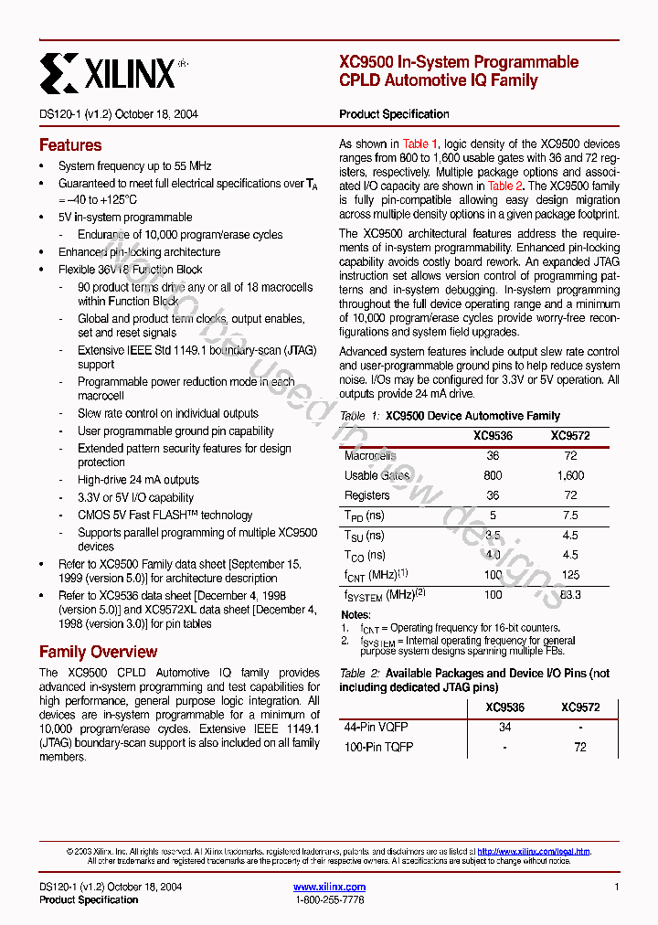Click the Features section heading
pyautogui.click(x=70, y=145)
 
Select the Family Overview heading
pyautogui.click(x=98, y=652)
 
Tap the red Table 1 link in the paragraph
pyautogui.click(x=420, y=144)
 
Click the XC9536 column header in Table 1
pyautogui.click(x=493, y=436)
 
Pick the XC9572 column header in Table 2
pyautogui.click(x=580, y=707)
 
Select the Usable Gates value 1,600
pyautogui.click(x=570, y=475)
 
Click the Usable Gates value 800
pyautogui.click(x=493, y=475)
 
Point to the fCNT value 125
pyautogui.click(x=570, y=575)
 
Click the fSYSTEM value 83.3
pyautogui.click(x=570, y=595)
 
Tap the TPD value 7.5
pyautogui.click(x=570, y=516)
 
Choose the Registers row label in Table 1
pyautogui.click(x=366, y=495)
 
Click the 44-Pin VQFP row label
pyautogui.click(x=376, y=728)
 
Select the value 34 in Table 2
pyautogui.click(x=504, y=728)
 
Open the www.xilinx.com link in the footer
pyautogui.click(x=329, y=887)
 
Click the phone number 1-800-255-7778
pyautogui.click(x=329, y=900)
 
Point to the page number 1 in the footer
pyautogui.click(x=617, y=887)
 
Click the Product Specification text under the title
pyautogui.click(x=394, y=114)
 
